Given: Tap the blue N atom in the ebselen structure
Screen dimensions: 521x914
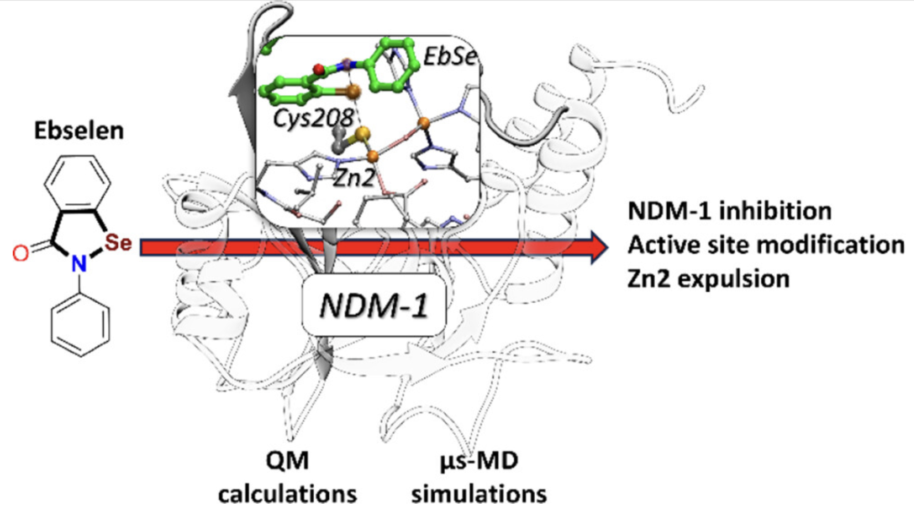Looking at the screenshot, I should (x=79, y=263).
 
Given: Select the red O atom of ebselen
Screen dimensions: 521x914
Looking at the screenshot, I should (x=20, y=253).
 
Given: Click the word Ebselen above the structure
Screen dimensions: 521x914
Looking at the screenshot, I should (x=79, y=131).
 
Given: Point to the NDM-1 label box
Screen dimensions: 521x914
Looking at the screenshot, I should (x=374, y=305).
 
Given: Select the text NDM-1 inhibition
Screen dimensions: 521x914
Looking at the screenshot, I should (x=729, y=211).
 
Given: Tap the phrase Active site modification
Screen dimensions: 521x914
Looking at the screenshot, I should (x=766, y=245).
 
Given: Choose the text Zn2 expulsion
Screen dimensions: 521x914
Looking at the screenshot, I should (x=708, y=279).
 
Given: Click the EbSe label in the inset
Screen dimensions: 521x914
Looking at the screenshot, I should (x=450, y=57).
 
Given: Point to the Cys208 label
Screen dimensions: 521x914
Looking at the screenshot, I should (x=313, y=118).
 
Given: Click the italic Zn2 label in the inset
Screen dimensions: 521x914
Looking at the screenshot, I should (x=354, y=178).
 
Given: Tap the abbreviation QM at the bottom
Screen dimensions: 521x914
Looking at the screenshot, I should (x=287, y=461).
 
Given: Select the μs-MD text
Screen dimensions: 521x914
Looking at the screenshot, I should (x=479, y=461).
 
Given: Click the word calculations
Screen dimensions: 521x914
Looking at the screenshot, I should (x=287, y=494).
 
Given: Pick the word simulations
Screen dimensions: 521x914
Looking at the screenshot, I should (x=479, y=494).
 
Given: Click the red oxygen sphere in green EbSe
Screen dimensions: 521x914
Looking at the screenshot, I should (x=319, y=69).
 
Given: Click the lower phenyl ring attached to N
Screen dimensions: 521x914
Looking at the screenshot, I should (x=80, y=325).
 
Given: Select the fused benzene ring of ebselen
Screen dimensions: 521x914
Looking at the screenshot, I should (x=78, y=184).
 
